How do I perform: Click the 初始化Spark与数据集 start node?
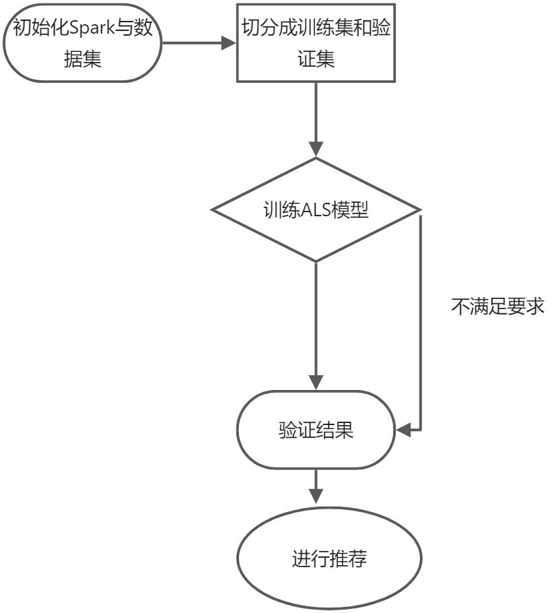point(83,42)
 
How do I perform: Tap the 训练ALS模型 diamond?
point(316,209)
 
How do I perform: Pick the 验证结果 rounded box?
point(316,430)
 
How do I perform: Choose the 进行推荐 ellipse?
point(329,558)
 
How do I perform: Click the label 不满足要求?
point(497,307)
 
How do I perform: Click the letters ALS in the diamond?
point(311,209)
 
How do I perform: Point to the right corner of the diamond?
point(419,209)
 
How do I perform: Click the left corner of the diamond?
point(213,209)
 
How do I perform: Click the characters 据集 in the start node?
point(83,59)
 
